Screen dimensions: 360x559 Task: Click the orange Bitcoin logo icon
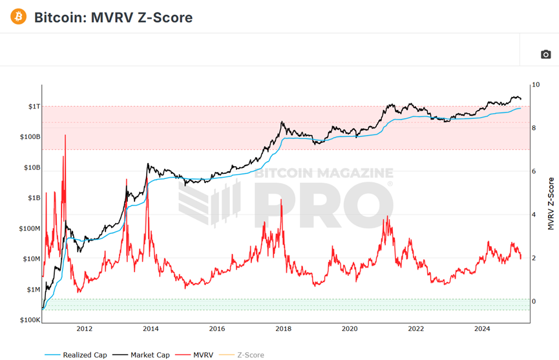(x=19, y=16)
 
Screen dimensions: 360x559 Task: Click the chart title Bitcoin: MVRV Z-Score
(x=113, y=17)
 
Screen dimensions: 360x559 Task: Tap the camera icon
(x=545, y=55)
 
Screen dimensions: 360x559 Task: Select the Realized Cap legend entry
(x=76, y=355)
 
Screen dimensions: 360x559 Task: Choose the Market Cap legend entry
(x=142, y=355)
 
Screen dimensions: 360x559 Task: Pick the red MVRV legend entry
(x=198, y=355)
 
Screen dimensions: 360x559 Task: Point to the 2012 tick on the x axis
(x=85, y=329)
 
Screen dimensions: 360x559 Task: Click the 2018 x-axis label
(x=283, y=329)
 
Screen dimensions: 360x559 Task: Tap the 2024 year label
(x=482, y=329)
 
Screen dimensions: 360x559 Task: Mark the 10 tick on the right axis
(x=534, y=85)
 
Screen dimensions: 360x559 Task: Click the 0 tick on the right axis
(x=533, y=301)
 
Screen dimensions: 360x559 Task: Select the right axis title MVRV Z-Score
(x=551, y=204)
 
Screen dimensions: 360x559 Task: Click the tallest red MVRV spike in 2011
(x=64, y=137)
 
